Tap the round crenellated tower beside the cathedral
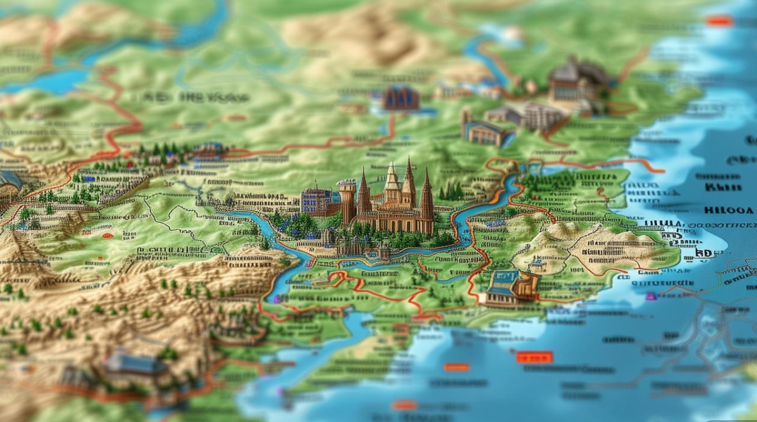click(346, 200)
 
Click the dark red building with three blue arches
click(401, 98)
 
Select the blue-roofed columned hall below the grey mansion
click(482, 133)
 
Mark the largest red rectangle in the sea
click(535, 357)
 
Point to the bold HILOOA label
click(728, 210)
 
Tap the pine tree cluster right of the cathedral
click(451, 191)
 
